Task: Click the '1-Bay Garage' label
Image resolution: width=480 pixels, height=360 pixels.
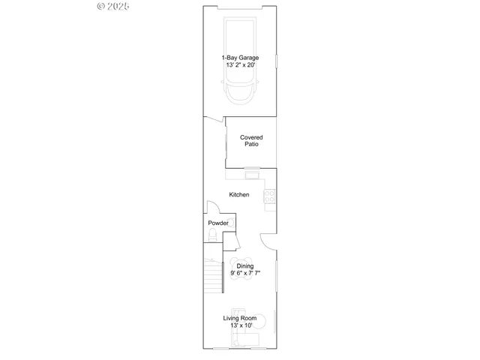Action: [240, 58]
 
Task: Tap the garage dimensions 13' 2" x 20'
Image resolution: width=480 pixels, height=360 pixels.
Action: [240, 65]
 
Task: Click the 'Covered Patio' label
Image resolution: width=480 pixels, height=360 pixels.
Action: [251, 140]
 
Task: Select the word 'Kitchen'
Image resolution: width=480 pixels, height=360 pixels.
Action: [239, 195]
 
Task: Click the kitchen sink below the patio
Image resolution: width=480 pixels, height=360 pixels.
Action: [252, 175]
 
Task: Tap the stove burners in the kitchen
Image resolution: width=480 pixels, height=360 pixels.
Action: [270, 196]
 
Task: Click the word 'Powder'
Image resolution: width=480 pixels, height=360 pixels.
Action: [218, 223]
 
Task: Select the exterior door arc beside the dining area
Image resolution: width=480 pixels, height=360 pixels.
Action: [268, 238]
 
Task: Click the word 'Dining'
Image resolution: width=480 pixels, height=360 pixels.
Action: [245, 265]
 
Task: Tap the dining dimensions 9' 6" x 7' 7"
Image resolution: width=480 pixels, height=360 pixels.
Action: [245, 273]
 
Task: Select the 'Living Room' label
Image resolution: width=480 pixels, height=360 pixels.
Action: [240, 318]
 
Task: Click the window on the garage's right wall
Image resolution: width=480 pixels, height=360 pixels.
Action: [276, 61]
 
